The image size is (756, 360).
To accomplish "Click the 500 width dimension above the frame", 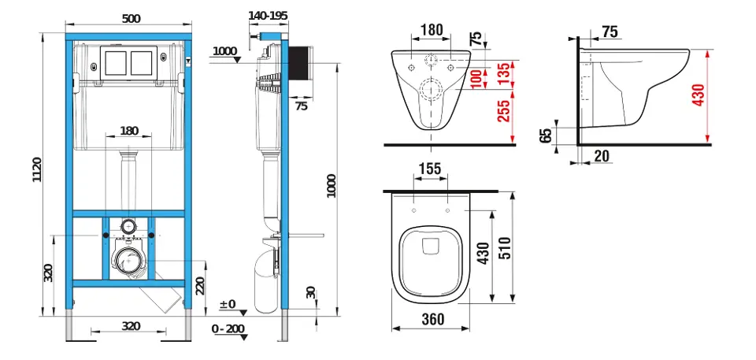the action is (132, 18).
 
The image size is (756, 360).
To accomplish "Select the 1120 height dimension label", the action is (37, 169).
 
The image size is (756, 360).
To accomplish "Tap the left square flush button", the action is (116, 63).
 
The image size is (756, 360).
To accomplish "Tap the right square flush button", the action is (142, 63).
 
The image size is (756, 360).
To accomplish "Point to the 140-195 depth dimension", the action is (268, 16).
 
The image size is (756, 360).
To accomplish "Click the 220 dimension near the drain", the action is (200, 284).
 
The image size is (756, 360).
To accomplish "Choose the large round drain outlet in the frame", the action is (128, 261).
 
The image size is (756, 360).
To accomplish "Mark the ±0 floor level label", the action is (227, 305).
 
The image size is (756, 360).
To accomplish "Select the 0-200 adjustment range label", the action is (228, 329).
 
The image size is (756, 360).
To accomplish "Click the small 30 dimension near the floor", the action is (311, 292).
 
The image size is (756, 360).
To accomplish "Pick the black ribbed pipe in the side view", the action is (300, 65).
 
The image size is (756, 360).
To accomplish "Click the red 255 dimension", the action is (504, 112).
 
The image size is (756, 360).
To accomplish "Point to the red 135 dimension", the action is (504, 72).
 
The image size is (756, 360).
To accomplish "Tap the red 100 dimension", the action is (476, 78).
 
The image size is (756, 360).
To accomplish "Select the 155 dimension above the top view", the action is (430, 169).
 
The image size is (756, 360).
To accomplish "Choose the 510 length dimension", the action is (504, 248).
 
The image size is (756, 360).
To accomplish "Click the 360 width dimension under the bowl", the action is (433, 319).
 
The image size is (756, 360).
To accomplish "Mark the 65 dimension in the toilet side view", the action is (545, 135).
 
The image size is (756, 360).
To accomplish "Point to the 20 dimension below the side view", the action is (602, 156).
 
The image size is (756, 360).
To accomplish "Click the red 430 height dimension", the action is (699, 95).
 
